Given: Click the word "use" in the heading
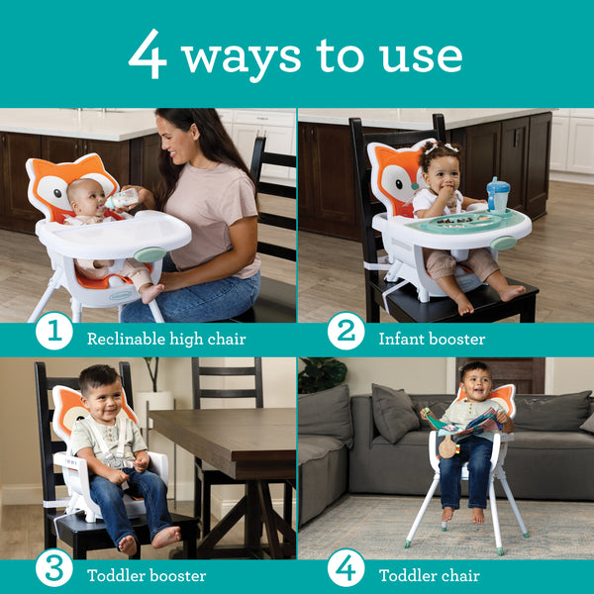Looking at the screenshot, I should [x=419, y=57].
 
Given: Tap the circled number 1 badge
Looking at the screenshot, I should [x=54, y=333].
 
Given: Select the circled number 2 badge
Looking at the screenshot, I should [x=346, y=333].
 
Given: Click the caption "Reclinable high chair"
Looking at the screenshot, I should [x=166, y=339].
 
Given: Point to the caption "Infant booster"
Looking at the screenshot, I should [x=432, y=339].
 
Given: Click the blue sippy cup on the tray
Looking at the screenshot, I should [x=497, y=194].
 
